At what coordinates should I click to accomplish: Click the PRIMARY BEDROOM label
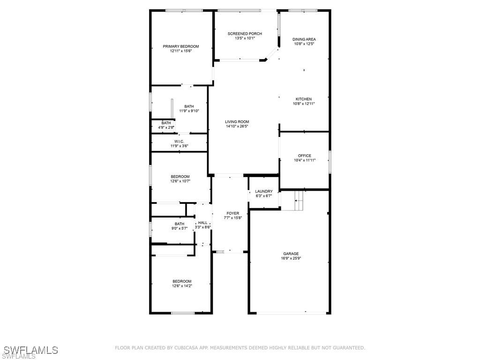click(181, 46)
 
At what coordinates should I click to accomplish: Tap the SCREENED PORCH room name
click(245, 34)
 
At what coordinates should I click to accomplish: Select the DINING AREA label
click(304, 39)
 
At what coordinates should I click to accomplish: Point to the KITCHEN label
click(304, 99)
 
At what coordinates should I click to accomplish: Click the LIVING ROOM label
click(237, 121)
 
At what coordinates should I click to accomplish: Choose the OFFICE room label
click(305, 156)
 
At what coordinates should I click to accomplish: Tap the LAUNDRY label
click(264, 191)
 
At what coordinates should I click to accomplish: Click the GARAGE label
click(291, 254)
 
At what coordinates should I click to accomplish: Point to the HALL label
click(202, 223)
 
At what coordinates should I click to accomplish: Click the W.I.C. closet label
click(179, 142)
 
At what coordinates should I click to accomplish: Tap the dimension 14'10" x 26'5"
click(237, 126)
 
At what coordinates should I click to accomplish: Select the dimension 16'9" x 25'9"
click(291, 258)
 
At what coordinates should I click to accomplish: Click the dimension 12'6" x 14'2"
click(182, 286)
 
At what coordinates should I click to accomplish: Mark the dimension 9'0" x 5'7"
click(179, 228)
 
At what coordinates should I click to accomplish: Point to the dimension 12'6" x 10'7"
click(180, 181)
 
